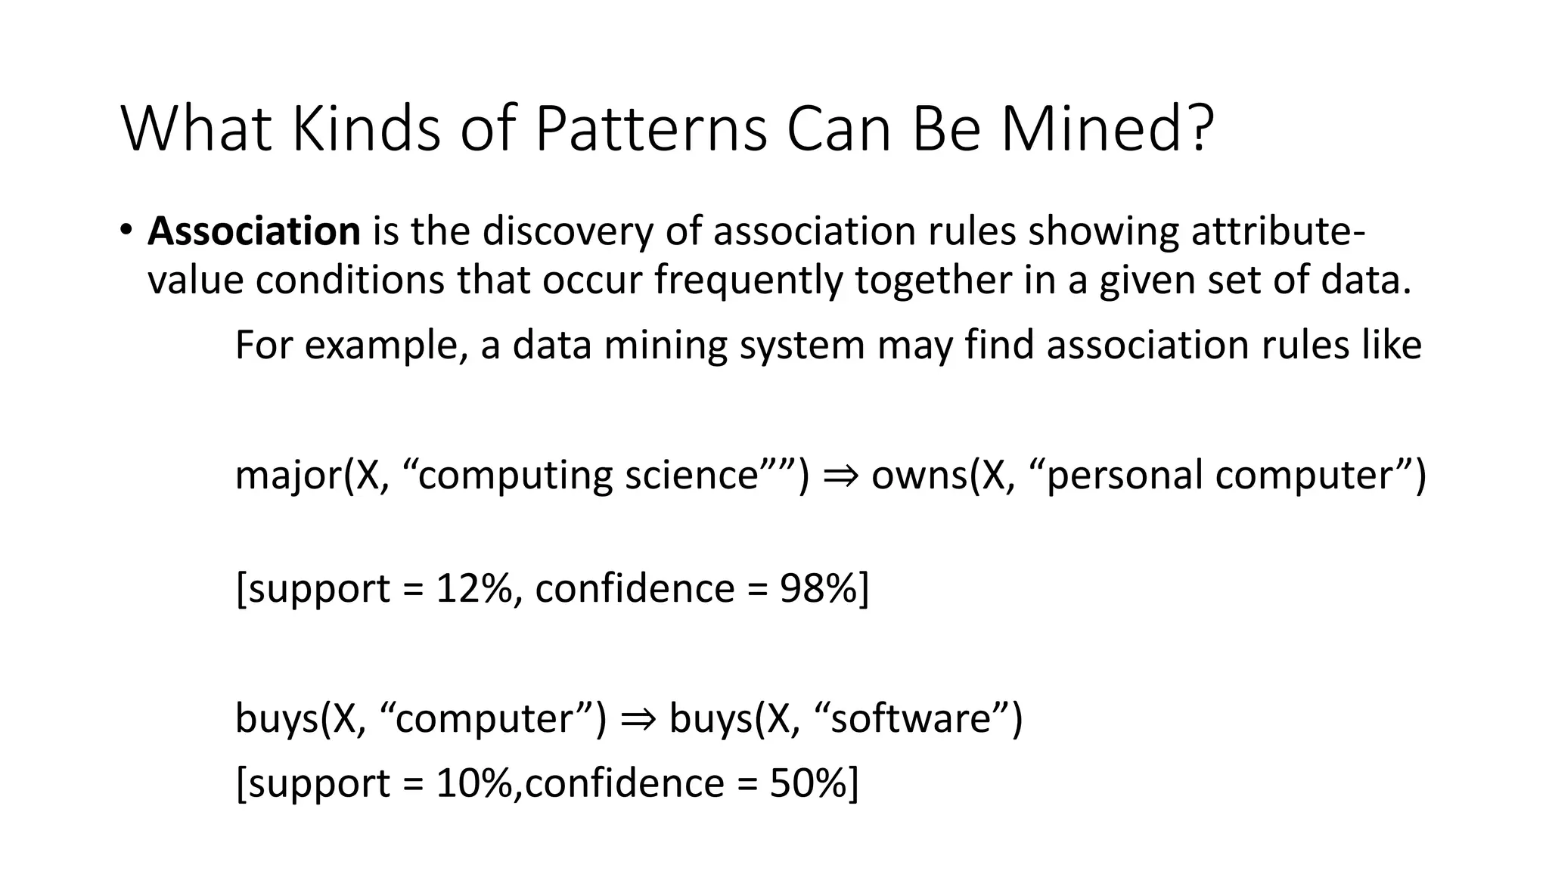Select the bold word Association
coord(254,231)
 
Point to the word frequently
coord(747,281)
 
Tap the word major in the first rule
coord(287,476)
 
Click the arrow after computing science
coord(839,476)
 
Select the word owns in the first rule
coord(917,476)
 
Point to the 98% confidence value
coord(818,588)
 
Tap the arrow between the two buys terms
coord(636,718)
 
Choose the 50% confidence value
coord(807,783)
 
